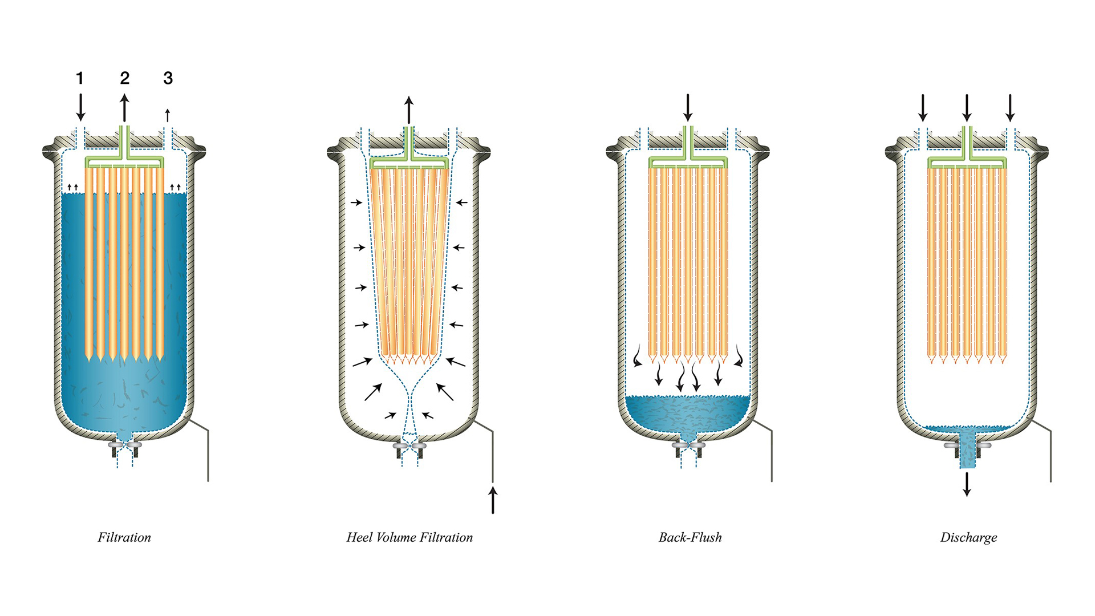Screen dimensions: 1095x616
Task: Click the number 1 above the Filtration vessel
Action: click(80, 78)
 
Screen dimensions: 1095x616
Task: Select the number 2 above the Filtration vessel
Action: click(124, 78)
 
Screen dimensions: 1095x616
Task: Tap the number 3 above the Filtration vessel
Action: click(168, 78)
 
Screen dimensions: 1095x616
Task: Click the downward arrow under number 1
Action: click(80, 107)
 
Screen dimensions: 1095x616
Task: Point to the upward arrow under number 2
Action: click(124, 108)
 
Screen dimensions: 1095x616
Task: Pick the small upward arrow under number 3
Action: click(168, 115)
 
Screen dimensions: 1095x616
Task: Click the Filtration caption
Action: click(124, 537)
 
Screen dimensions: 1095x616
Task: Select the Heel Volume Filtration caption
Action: click(409, 537)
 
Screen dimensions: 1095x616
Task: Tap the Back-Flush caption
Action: click(690, 537)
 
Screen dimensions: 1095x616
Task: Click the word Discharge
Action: click(968, 538)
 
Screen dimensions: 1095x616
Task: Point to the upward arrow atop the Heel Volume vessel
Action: click(409, 110)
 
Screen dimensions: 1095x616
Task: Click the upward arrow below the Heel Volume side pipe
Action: click(493, 500)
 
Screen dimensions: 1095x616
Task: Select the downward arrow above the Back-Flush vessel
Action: click(688, 108)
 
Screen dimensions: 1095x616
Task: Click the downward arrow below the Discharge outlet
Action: click(967, 484)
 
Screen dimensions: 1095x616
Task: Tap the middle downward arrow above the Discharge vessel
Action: click(967, 108)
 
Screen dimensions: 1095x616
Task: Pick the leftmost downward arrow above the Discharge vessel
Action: click(923, 108)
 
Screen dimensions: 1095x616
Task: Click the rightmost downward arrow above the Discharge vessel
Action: click(1010, 108)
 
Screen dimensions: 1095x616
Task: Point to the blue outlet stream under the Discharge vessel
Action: click(967, 451)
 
